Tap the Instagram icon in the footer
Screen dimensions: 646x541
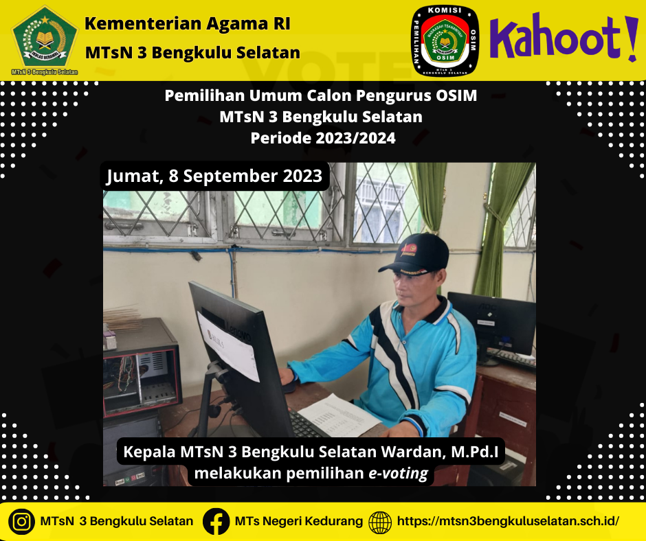(x=21, y=522)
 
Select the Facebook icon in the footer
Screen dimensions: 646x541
(x=216, y=522)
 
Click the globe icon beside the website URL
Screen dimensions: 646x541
(x=380, y=522)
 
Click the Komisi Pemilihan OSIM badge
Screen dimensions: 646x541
(x=445, y=41)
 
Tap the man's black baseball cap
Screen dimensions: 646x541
(x=415, y=253)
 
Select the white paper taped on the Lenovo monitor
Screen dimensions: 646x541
(x=229, y=346)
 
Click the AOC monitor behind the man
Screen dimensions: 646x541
(x=492, y=325)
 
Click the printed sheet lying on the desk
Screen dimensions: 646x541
(x=339, y=416)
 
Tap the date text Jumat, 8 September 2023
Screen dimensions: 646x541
(x=214, y=176)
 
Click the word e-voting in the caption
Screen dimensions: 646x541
(x=398, y=474)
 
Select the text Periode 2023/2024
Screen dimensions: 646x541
(x=323, y=138)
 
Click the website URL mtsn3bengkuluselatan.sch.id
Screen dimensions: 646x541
(x=508, y=521)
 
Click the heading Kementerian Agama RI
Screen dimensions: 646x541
(x=188, y=23)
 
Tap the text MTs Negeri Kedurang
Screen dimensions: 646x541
(x=299, y=521)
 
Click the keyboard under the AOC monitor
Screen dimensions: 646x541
(x=511, y=358)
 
